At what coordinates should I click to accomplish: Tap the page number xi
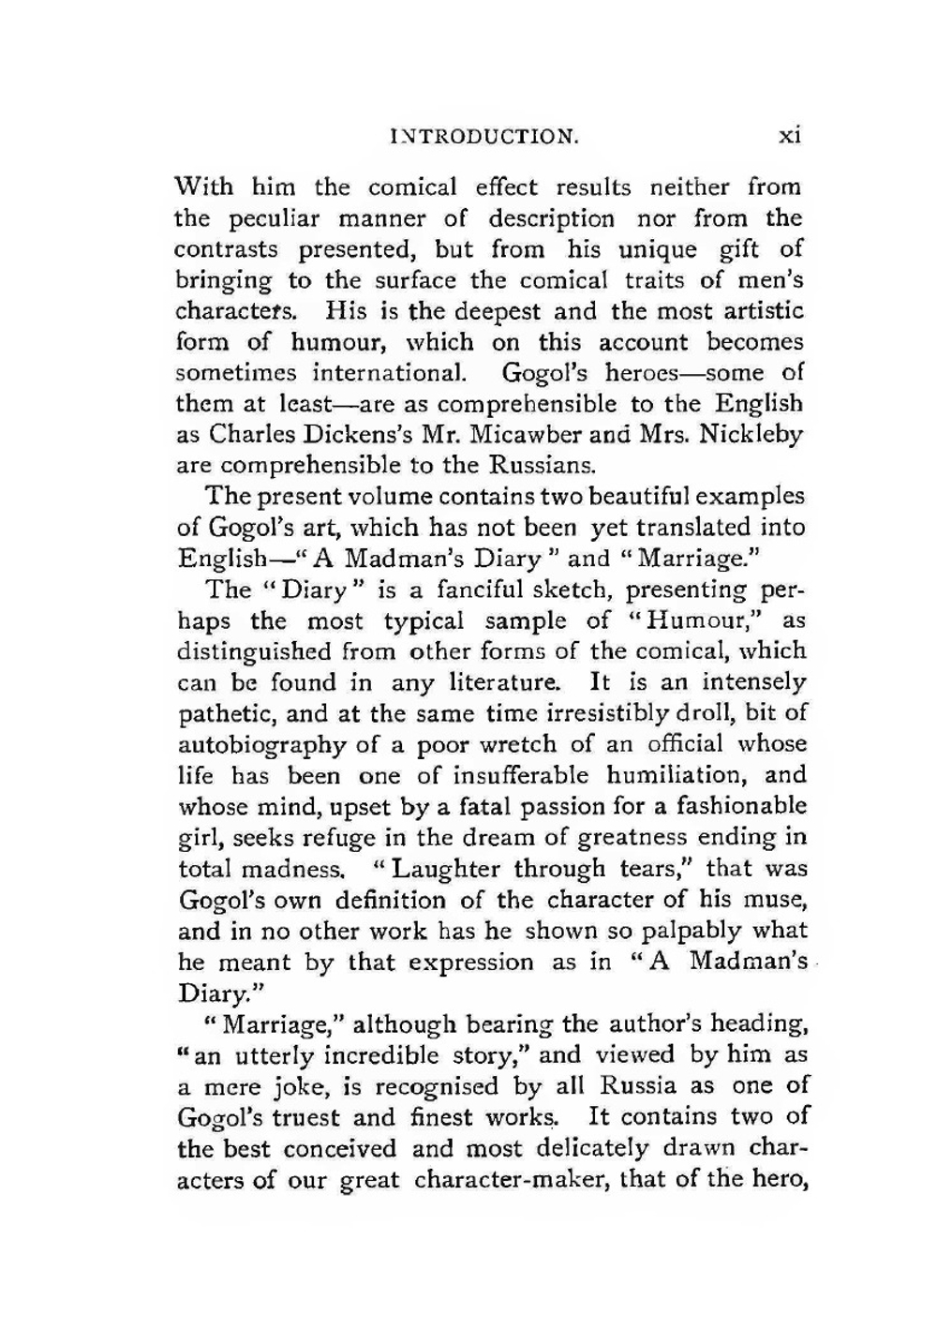790,136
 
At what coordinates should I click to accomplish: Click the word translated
689,528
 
